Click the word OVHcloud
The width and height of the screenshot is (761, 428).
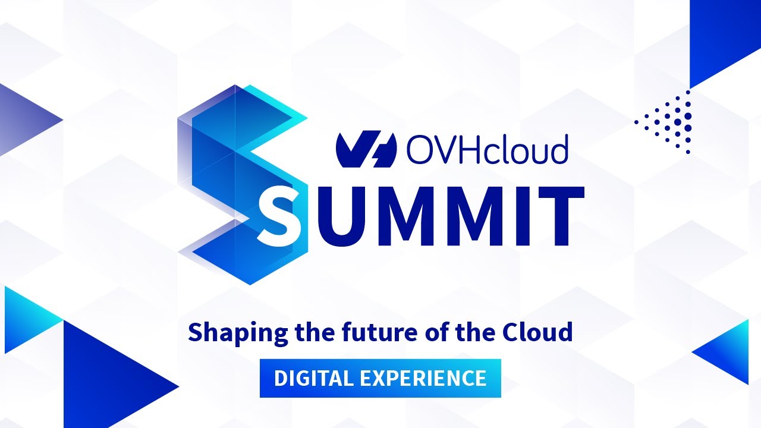click(x=488, y=149)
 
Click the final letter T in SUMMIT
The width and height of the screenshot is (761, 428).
click(x=556, y=216)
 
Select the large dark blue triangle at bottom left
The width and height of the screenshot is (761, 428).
click(x=107, y=380)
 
